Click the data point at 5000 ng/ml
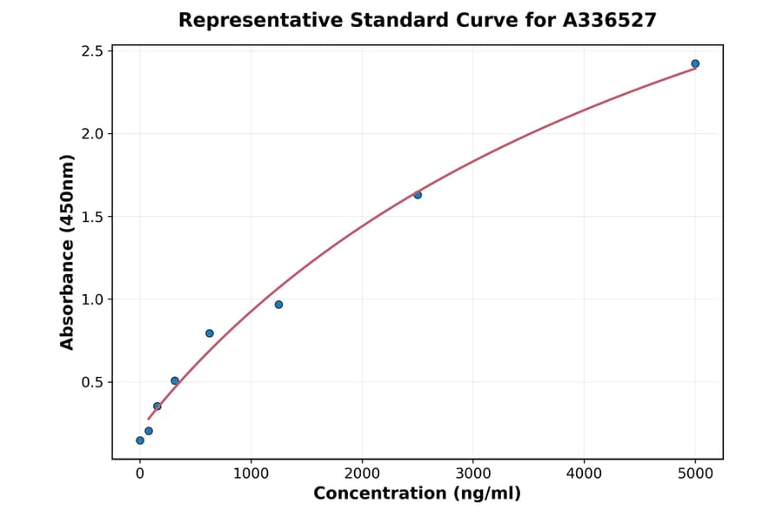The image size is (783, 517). [695, 64]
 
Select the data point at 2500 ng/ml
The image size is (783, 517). [418, 195]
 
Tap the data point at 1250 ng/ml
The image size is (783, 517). [278, 305]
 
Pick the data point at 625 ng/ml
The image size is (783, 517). [210, 333]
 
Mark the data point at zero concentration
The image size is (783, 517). [140, 440]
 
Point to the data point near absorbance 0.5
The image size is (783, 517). [175, 380]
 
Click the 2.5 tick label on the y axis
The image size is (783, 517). [90, 51]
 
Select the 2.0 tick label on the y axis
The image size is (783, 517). [90, 134]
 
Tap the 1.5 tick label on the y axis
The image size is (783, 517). [90, 217]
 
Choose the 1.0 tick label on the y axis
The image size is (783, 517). [90, 299]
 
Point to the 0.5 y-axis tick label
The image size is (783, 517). [90, 382]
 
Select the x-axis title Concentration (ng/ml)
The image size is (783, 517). [417, 494]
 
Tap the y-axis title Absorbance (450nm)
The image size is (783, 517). [68, 252]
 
